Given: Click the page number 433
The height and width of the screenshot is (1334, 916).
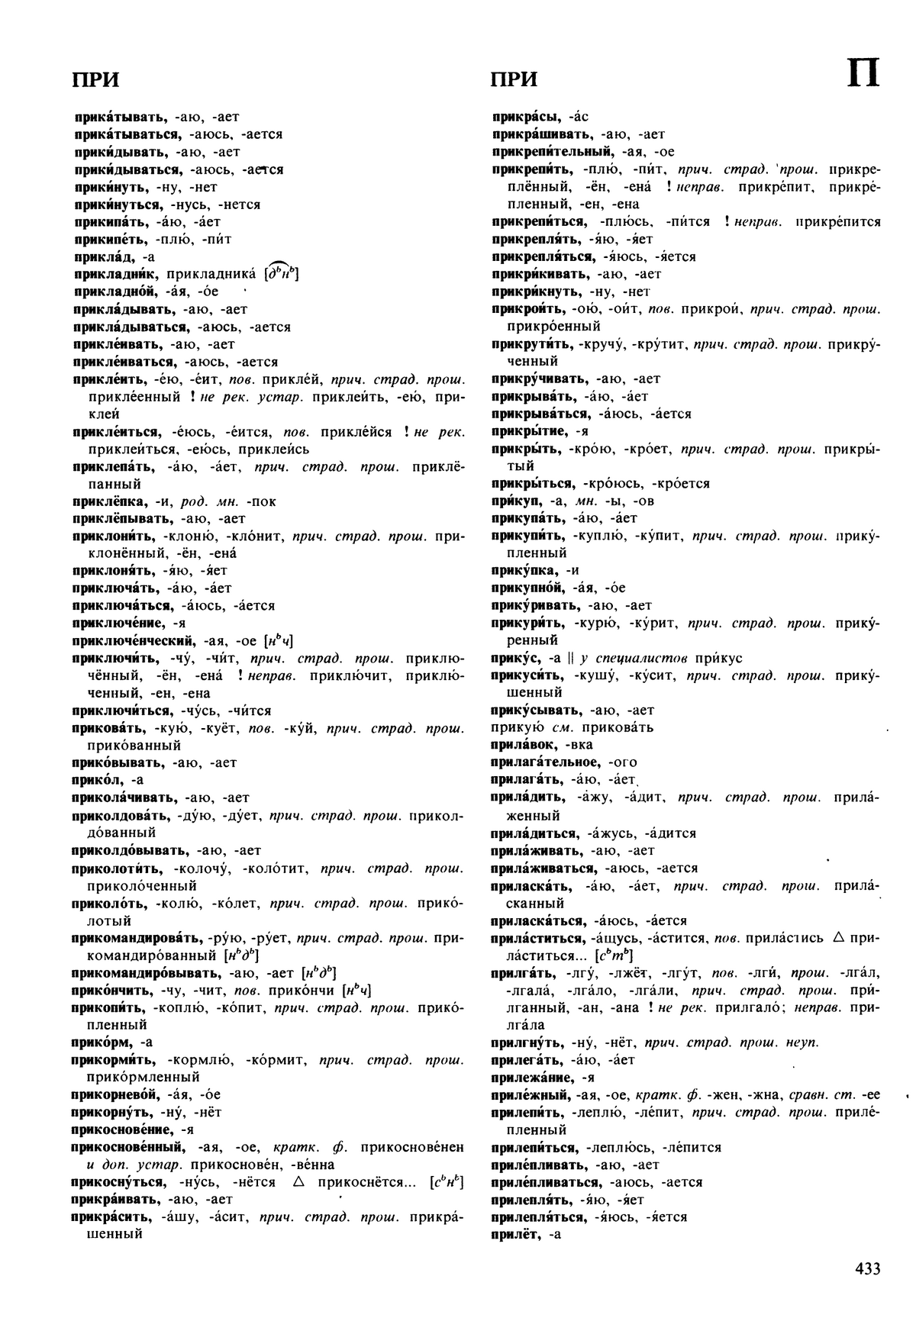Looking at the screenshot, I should point(868,1268).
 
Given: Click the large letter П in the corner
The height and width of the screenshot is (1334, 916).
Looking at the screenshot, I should point(864,75).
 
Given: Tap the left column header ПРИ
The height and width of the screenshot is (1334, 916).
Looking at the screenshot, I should point(95,80).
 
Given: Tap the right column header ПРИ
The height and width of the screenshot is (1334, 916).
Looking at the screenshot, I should point(514,80).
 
